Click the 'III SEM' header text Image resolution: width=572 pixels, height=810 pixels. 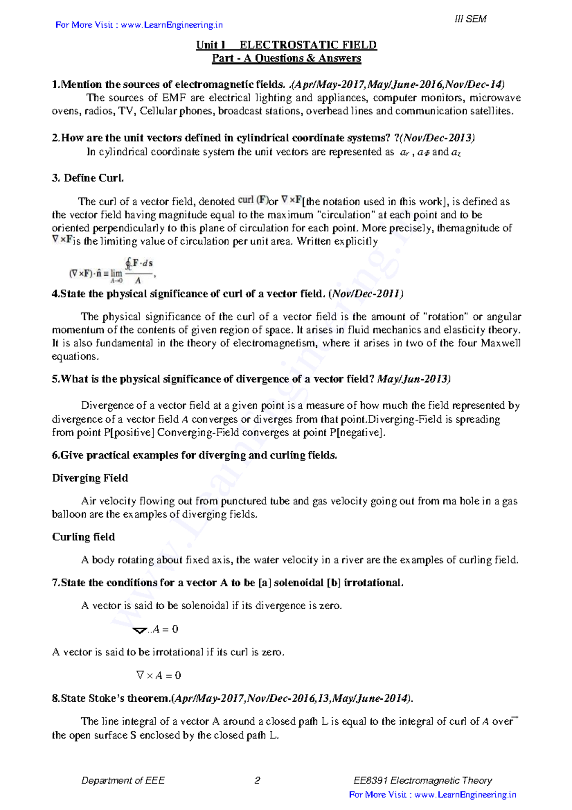(x=470, y=19)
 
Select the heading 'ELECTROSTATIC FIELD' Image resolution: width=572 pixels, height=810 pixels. (x=308, y=45)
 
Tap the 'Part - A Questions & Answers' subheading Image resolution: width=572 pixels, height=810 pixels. (x=286, y=58)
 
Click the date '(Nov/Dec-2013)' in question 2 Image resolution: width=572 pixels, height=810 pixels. (x=438, y=138)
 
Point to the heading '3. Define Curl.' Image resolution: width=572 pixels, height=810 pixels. (x=88, y=178)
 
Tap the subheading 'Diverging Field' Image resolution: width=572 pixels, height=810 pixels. (x=90, y=478)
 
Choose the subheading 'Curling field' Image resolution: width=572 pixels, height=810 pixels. (x=83, y=537)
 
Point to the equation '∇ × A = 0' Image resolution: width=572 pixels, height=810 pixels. (x=158, y=675)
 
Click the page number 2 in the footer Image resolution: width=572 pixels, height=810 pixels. (x=257, y=780)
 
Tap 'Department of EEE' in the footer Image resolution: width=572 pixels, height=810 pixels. (x=123, y=780)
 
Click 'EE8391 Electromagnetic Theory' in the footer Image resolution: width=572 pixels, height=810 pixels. (x=422, y=780)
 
